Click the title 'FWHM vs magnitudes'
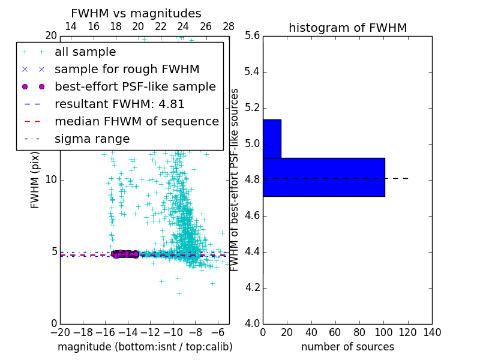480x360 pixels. click(136, 13)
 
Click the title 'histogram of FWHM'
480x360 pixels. click(347, 28)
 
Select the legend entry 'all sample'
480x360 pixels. click(85, 52)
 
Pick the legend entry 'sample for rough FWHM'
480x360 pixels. click(127, 70)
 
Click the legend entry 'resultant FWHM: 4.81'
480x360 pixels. click(119, 104)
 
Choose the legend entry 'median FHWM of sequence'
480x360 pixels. click(136, 121)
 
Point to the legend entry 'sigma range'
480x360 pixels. click(92, 139)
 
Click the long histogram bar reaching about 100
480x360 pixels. click(323, 177)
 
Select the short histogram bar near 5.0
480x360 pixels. click(272, 139)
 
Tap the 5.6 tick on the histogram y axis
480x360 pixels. click(251, 36)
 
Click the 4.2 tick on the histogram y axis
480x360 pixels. click(251, 287)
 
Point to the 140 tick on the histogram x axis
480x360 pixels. click(432, 332)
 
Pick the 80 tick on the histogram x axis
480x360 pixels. click(359, 332)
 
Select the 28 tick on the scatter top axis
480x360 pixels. click(229, 26)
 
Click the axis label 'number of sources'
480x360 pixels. click(347, 347)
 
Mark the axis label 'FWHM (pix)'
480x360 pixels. click(35, 180)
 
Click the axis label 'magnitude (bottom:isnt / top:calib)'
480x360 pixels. click(145, 347)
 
